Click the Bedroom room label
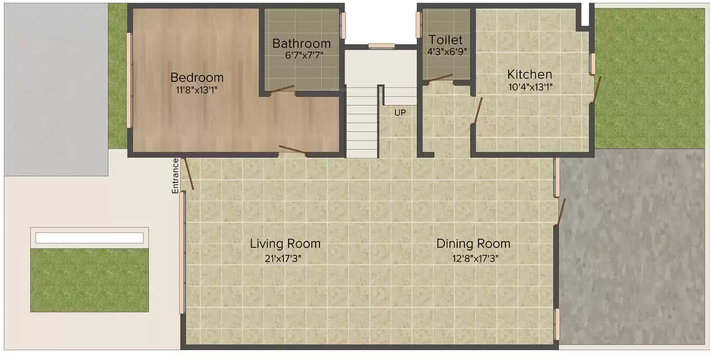coord(196,77)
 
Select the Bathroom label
coord(301,43)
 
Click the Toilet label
coord(446,40)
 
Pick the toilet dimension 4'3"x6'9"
coord(447,52)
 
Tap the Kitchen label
coord(530,74)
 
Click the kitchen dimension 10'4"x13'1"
coord(530,87)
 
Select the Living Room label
coord(285,243)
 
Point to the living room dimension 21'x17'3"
coord(285,257)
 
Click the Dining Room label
coord(473,243)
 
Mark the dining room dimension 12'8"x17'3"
coord(473,257)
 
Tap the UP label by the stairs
coord(400,112)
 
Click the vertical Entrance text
coord(175,175)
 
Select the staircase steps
coord(362,122)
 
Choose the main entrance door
coord(189,174)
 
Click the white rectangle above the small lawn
coord(89,238)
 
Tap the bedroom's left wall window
coord(130,80)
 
